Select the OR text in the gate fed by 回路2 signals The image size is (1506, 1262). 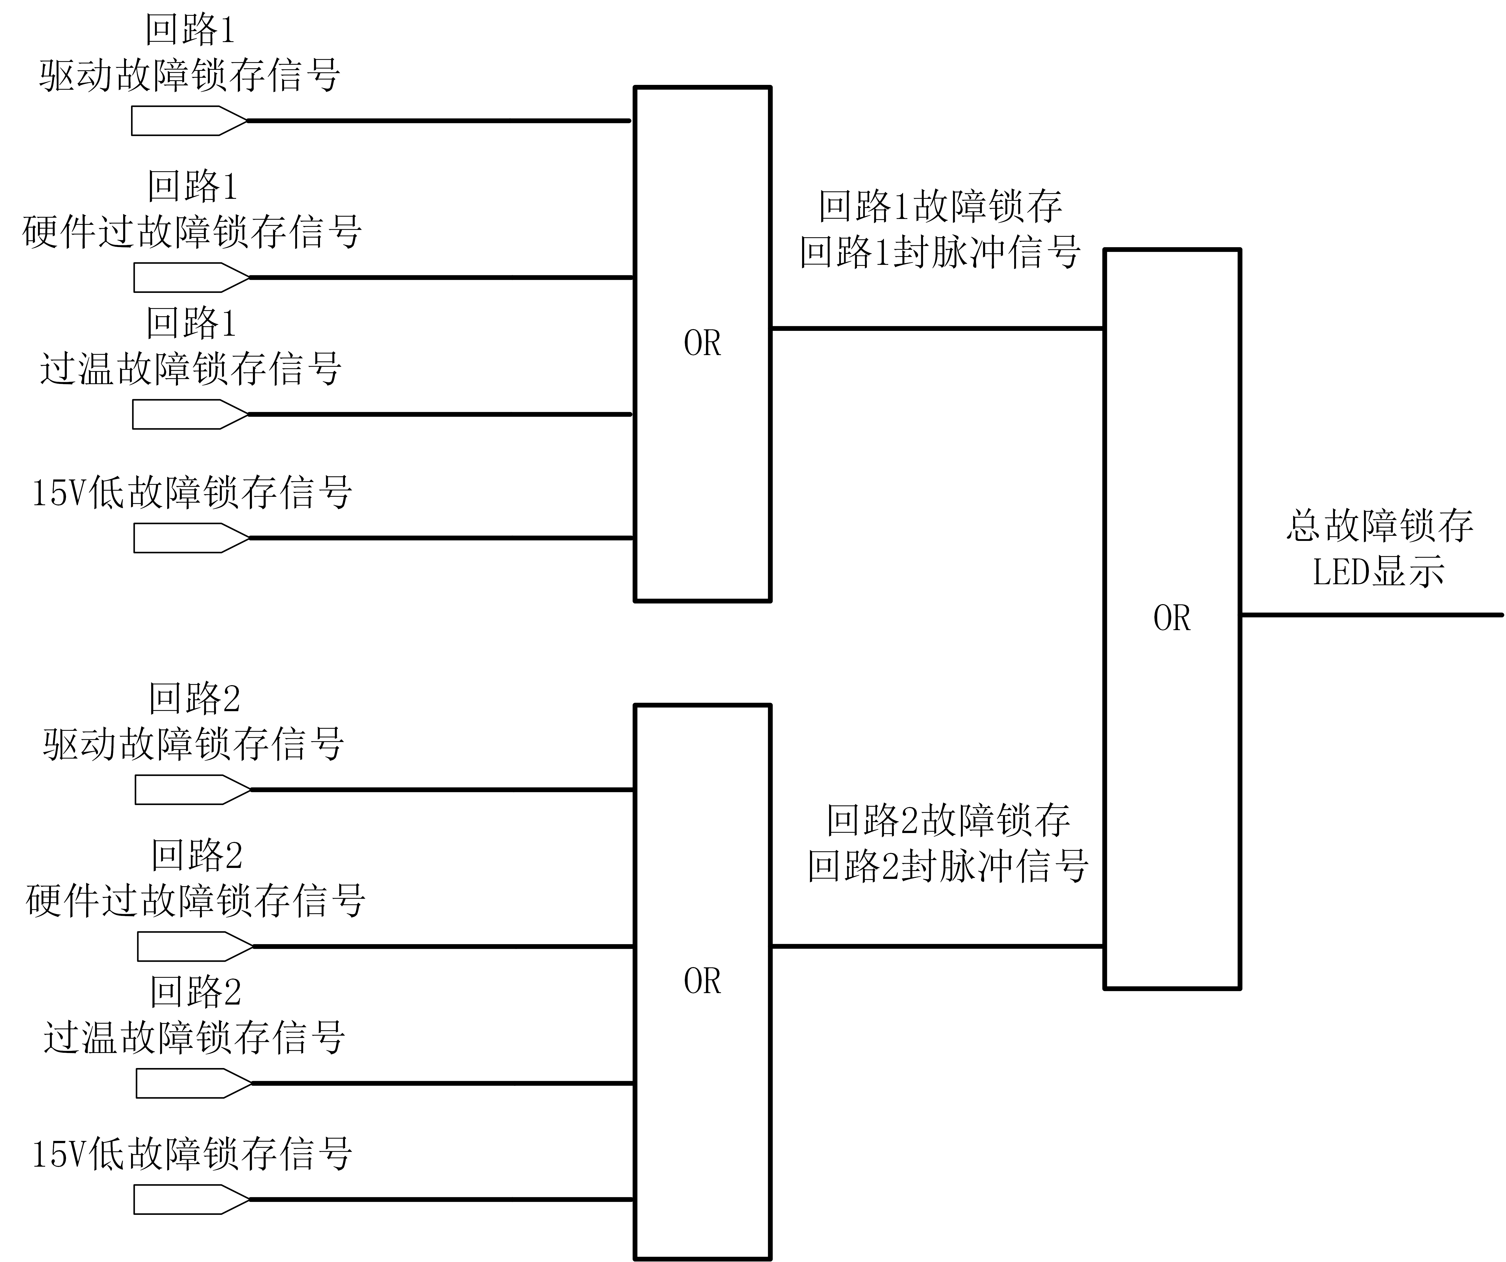click(702, 981)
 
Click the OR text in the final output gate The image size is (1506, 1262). click(1172, 618)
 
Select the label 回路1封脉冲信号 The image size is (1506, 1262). click(939, 252)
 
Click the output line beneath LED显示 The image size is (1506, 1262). click(1370, 615)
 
